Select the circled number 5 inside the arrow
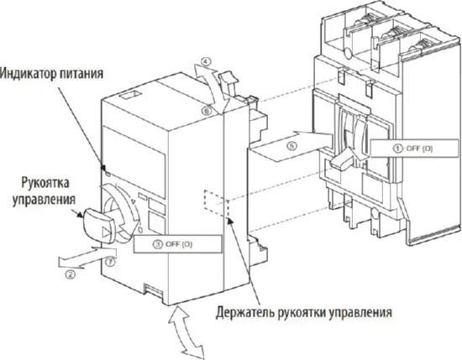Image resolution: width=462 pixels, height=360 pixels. tap(291, 144)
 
